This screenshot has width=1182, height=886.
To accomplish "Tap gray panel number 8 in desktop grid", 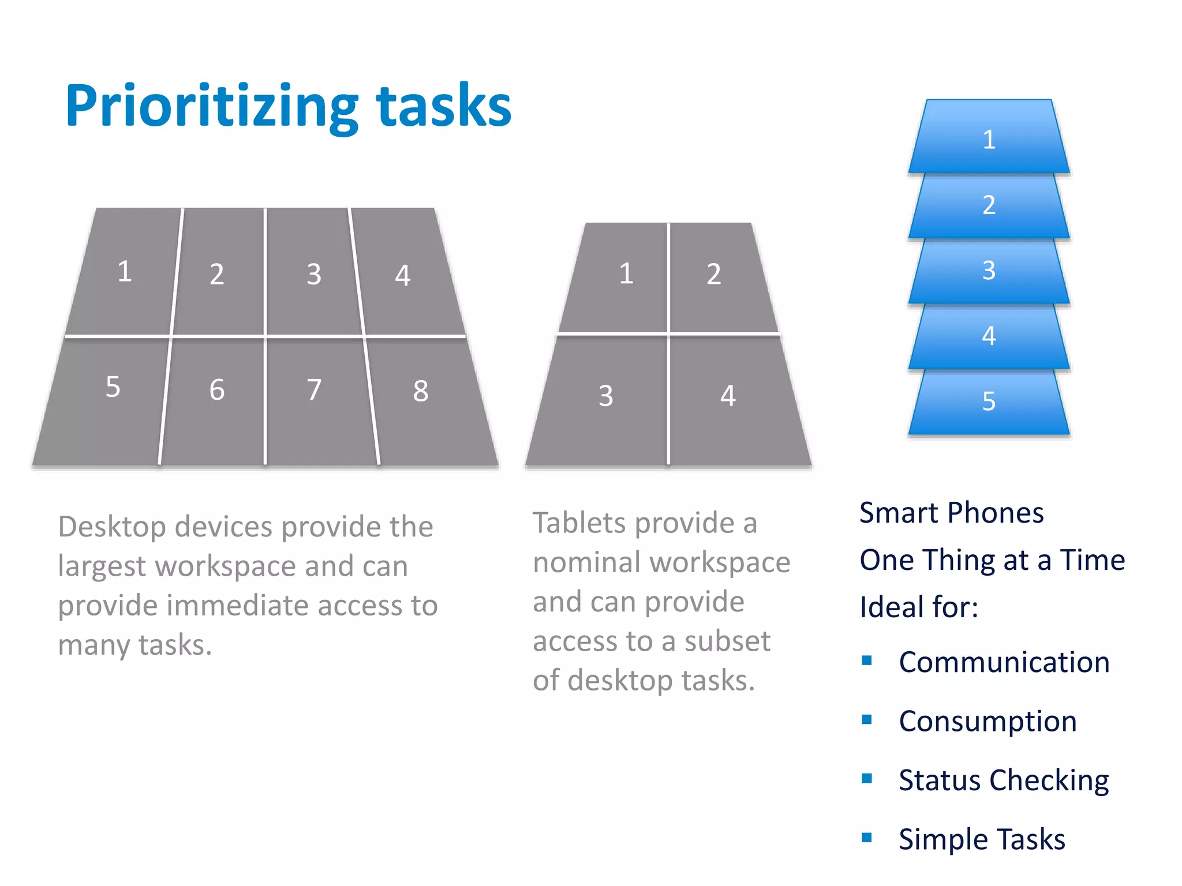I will click(427, 398).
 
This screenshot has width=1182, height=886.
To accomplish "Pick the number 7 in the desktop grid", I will click(314, 390).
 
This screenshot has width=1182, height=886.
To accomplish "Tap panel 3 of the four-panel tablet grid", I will click(606, 398).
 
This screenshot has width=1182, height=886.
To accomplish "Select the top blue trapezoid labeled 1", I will click(989, 138).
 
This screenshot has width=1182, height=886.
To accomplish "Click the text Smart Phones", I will click(951, 513).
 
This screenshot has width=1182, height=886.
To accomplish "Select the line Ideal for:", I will click(919, 607).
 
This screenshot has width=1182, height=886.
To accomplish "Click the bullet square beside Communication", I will click(866, 660).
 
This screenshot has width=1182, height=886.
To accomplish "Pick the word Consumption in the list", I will click(988, 722).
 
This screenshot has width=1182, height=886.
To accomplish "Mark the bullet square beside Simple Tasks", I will click(866, 838).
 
